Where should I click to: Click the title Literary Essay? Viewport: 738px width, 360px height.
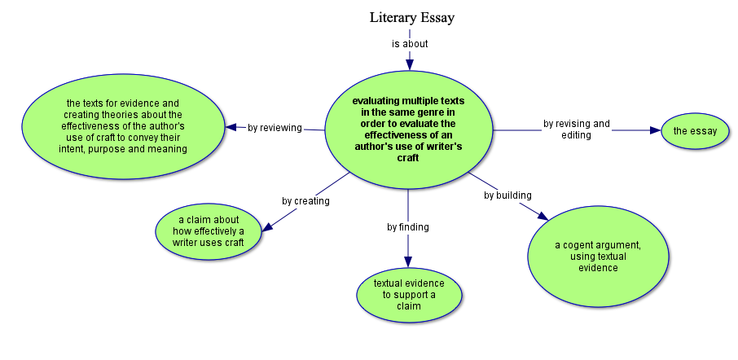tap(411, 17)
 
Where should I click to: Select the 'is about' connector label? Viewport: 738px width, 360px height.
tap(410, 44)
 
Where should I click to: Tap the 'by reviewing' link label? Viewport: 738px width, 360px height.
tap(275, 128)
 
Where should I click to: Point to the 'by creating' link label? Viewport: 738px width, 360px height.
tap(305, 201)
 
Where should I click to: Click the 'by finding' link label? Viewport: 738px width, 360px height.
tap(408, 227)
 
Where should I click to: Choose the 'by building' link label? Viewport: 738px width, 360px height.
tap(507, 195)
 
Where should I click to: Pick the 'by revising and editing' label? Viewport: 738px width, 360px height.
tap(577, 130)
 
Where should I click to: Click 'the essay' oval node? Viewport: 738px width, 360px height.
tap(694, 130)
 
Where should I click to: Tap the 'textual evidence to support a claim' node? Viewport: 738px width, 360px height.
tap(409, 294)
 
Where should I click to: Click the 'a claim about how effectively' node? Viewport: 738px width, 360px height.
tap(209, 231)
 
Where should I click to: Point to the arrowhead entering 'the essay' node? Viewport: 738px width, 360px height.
tap(654, 130)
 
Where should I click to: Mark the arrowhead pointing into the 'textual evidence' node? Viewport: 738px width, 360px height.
tap(408, 261)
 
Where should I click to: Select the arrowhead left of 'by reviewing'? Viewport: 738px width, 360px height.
tap(231, 127)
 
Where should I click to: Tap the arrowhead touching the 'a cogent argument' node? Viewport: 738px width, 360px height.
tap(543, 214)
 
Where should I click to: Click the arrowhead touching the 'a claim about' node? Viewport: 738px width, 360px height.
tap(267, 227)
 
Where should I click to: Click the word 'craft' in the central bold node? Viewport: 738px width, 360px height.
tap(407, 158)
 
